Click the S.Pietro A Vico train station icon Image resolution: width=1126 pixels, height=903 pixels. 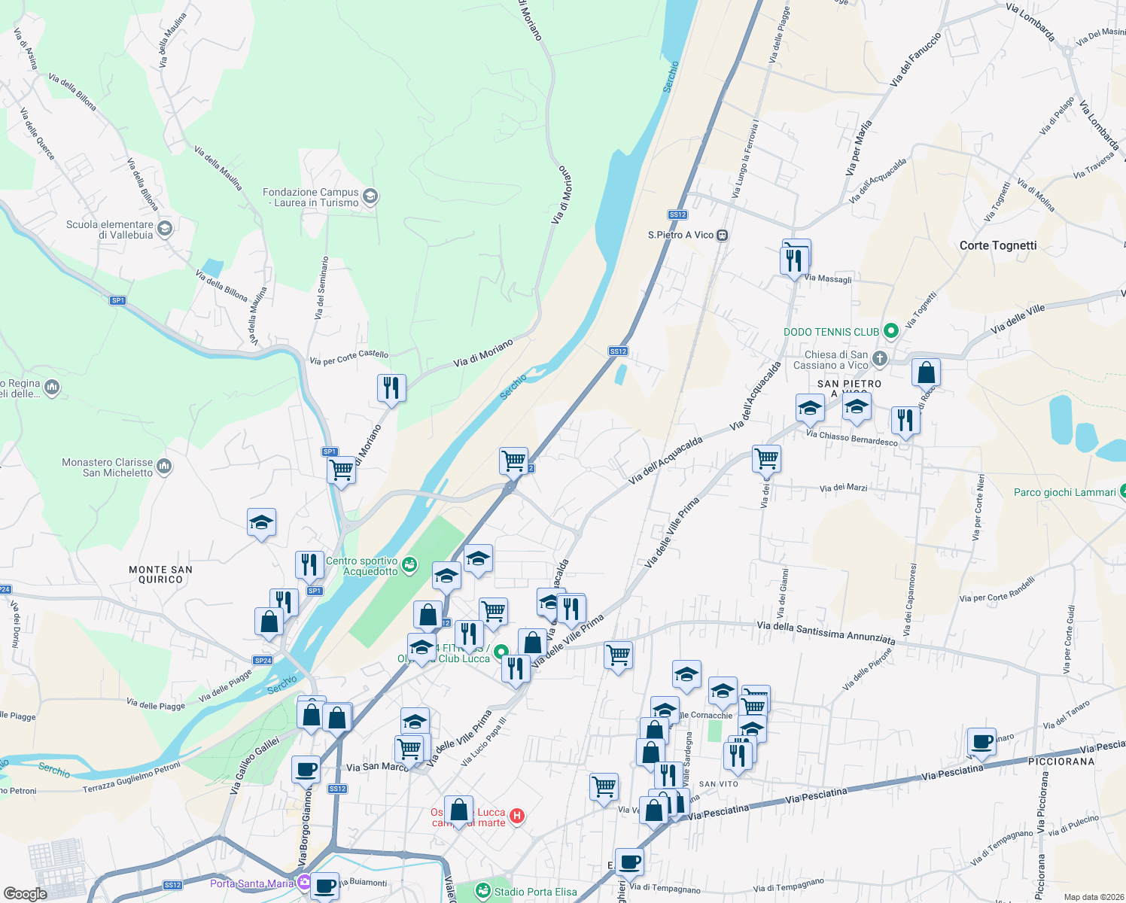coord(722,235)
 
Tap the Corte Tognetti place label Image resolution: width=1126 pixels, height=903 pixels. coord(998,245)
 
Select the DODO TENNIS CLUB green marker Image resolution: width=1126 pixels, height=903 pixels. coord(891,331)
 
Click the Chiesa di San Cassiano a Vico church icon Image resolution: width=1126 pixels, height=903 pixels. coord(880,359)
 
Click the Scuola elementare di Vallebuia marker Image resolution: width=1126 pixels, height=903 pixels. coord(165,229)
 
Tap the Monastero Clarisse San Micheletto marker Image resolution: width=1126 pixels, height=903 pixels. coord(164,467)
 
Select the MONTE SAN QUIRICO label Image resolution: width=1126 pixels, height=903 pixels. coord(160,575)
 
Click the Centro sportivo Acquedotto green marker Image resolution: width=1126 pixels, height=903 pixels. coord(409,565)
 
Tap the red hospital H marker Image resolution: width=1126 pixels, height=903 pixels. coord(516,816)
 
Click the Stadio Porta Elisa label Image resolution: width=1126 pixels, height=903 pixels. coord(535,892)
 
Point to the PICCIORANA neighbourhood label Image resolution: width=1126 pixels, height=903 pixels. coord(1061,762)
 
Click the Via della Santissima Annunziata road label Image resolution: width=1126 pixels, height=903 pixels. coord(826,632)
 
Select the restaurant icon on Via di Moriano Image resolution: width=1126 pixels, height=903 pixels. coord(391,388)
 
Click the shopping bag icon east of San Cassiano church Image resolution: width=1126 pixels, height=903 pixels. coord(926,372)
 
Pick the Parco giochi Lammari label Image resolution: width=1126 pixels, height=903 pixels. coord(1064,493)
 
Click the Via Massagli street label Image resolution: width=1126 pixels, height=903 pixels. coord(828,278)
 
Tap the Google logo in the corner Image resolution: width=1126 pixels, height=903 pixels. coord(26,893)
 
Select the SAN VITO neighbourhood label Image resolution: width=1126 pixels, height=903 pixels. coord(719,784)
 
